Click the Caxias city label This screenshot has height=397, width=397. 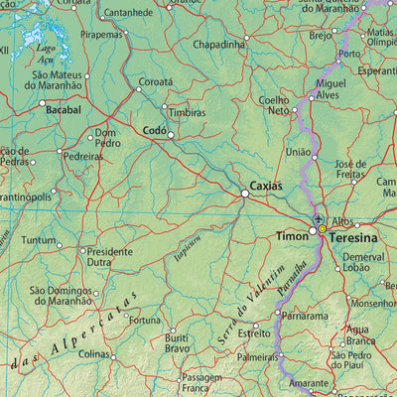[x=265, y=186]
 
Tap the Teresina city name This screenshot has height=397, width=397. [x=354, y=240]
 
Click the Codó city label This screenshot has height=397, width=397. [x=155, y=130]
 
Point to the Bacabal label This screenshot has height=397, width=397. [x=63, y=110]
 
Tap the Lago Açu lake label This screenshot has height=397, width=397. [x=45, y=53]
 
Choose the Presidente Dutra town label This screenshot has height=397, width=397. [x=108, y=257]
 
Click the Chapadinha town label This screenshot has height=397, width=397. [x=219, y=45]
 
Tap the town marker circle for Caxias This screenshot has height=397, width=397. [x=245, y=194]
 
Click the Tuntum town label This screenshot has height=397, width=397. [x=39, y=240]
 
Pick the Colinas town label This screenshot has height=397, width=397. [x=96, y=353]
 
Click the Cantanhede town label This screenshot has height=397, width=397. [x=128, y=13]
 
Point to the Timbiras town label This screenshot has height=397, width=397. [x=187, y=113]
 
